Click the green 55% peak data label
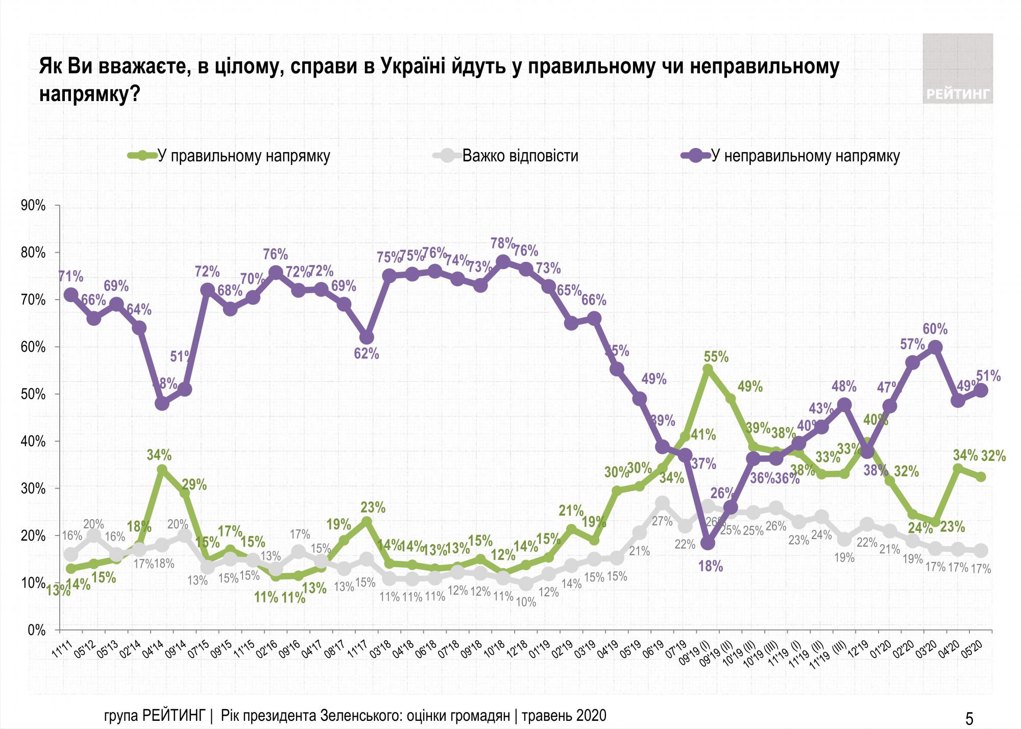[716, 357]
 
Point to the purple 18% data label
[711, 566]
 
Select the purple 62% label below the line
[367, 353]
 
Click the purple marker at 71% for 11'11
[71, 295]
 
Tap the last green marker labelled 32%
[980, 477]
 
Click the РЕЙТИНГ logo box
[957, 68]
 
